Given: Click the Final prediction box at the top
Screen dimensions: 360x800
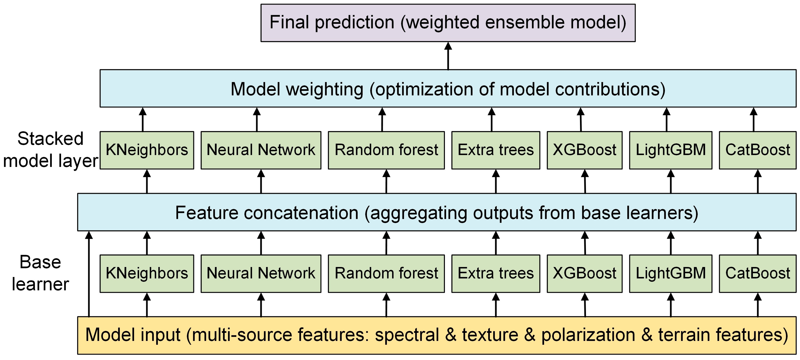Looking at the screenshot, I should [448, 23].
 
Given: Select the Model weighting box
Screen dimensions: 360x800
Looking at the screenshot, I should [448, 88].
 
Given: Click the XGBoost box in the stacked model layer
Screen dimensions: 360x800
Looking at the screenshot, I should [585, 150].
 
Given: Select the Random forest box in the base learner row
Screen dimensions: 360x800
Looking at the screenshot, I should [386, 273].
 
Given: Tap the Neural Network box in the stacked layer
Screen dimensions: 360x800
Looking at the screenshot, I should [261, 150].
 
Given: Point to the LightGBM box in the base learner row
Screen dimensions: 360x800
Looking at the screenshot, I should [670, 273].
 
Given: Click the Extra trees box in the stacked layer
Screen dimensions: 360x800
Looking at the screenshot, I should [496, 150].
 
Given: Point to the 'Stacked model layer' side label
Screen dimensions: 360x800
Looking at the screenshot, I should [50, 150].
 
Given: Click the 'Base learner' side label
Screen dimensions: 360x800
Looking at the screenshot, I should [40, 273].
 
